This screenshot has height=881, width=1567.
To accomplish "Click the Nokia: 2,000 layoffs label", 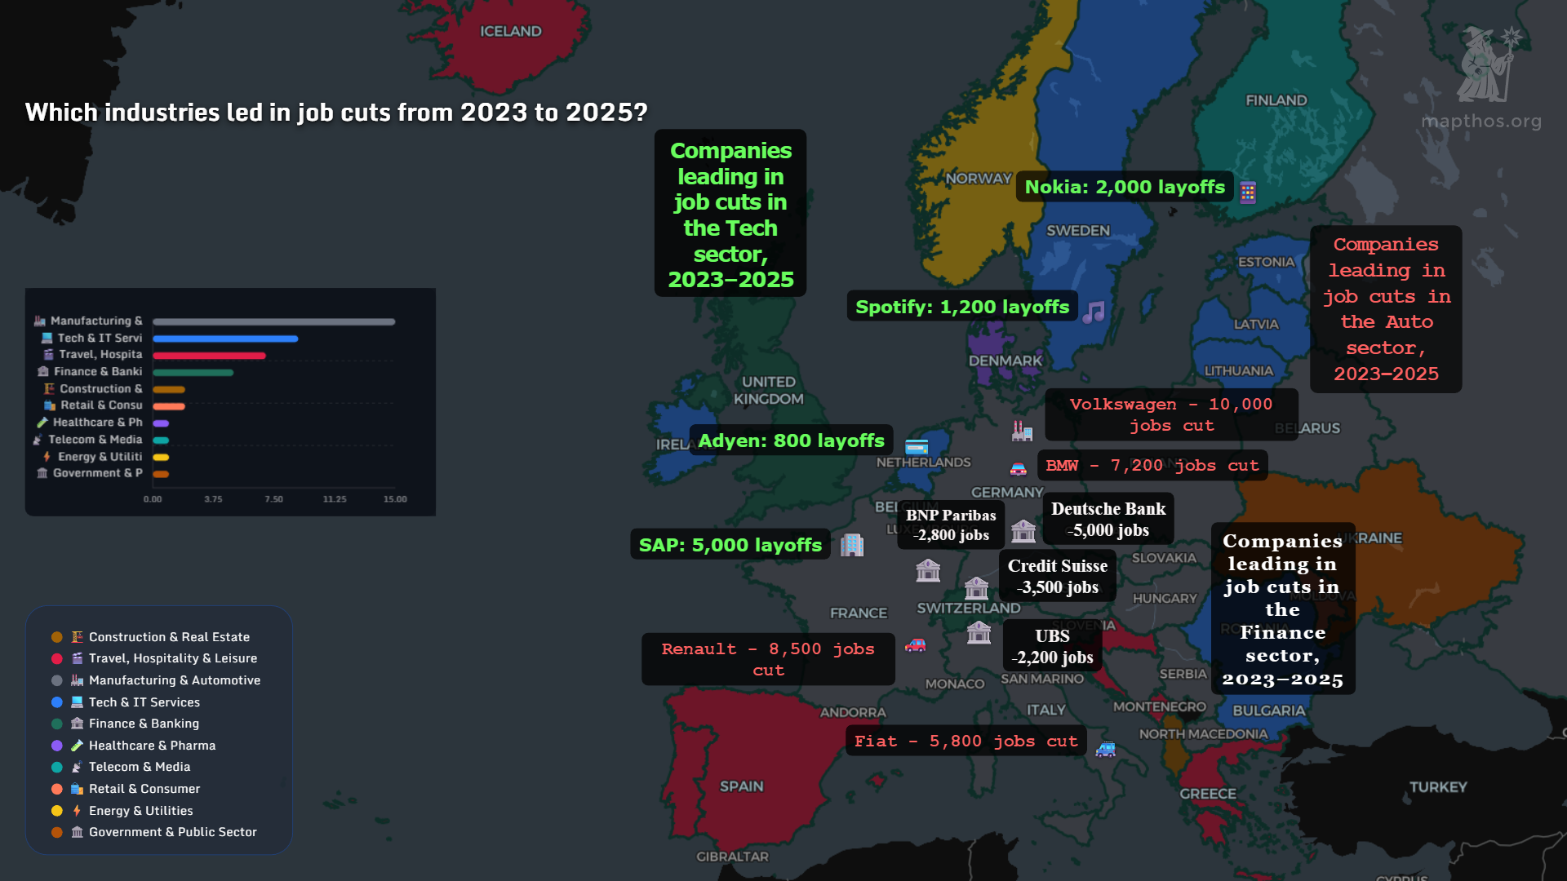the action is pyautogui.click(x=1124, y=187).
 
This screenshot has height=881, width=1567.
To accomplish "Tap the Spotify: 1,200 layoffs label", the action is pyautogui.click(x=961, y=307).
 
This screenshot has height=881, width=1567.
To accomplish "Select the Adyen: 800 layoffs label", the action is pyautogui.click(x=791, y=440).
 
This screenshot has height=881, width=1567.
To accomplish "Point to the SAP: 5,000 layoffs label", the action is pyautogui.click(x=730, y=545).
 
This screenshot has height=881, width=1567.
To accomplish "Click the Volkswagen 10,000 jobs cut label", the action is pyautogui.click(x=1170, y=414).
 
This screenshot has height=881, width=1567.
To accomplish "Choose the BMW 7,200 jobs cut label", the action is pyautogui.click(x=1152, y=465).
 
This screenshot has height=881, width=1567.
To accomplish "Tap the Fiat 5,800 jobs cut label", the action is pyautogui.click(x=966, y=741).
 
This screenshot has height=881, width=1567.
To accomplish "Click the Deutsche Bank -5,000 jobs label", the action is pyautogui.click(x=1108, y=519).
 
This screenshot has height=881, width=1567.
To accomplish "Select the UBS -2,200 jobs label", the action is pyautogui.click(x=1052, y=646).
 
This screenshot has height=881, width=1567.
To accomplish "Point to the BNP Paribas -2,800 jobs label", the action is pyautogui.click(x=951, y=525).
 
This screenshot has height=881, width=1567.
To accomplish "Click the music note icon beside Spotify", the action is pyautogui.click(x=1094, y=312).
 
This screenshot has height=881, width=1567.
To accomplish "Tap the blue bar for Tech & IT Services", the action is pyautogui.click(x=225, y=339).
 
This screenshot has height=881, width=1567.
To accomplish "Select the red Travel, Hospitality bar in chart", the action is pyautogui.click(x=209, y=356).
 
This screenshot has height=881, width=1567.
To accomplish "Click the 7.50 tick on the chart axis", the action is pyautogui.click(x=273, y=499).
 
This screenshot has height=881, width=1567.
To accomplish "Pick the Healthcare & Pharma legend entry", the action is pyautogui.click(x=152, y=746).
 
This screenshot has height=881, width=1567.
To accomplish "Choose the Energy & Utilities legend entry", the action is pyautogui.click(x=140, y=811).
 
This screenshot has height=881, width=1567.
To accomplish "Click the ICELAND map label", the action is pyautogui.click(x=510, y=31).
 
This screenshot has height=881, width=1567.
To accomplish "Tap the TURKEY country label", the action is pyautogui.click(x=1437, y=787).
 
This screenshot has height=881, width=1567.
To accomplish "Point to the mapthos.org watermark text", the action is pyautogui.click(x=1480, y=122).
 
